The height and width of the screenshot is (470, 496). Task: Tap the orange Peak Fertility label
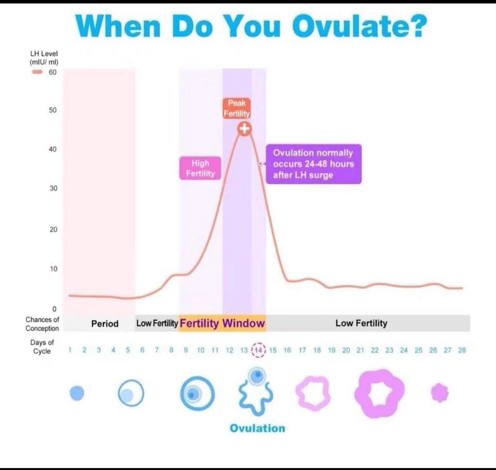[x=237, y=108]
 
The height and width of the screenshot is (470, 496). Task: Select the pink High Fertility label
[x=200, y=168]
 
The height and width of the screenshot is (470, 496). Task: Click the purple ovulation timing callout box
[x=313, y=164]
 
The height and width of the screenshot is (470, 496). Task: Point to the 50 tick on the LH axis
[x=52, y=110]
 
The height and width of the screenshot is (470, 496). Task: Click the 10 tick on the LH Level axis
[x=53, y=269]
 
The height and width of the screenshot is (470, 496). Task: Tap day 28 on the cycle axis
[x=462, y=350]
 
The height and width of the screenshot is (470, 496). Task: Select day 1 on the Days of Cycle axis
[x=70, y=350]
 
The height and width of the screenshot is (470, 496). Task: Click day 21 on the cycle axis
[x=360, y=350]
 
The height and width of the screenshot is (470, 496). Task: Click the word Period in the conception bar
[x=105, y=324]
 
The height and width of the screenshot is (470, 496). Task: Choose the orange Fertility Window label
[x=222, y=323]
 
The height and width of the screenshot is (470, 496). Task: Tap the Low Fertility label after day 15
[x=361, y=323]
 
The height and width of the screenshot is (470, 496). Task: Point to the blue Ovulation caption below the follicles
[x=257, y=428]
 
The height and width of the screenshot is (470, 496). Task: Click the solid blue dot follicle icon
[x=77, y=393]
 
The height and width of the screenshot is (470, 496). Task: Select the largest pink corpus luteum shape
[x=379, y=394]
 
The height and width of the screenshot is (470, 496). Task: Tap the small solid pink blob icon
[x=440, y=393]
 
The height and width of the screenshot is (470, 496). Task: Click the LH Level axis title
[x=44, y=58]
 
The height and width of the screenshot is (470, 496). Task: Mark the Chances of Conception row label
[x=42, y=324]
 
